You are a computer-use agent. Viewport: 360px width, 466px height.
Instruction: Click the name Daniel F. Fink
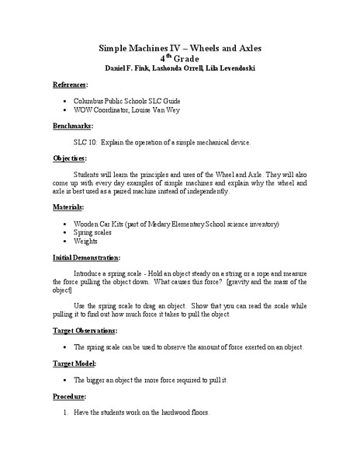click(x=122, y=68)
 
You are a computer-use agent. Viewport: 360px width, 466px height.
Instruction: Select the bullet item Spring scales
click(x=97, y=232)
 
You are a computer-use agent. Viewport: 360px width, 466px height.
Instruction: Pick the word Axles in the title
click(x=247, y=47)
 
